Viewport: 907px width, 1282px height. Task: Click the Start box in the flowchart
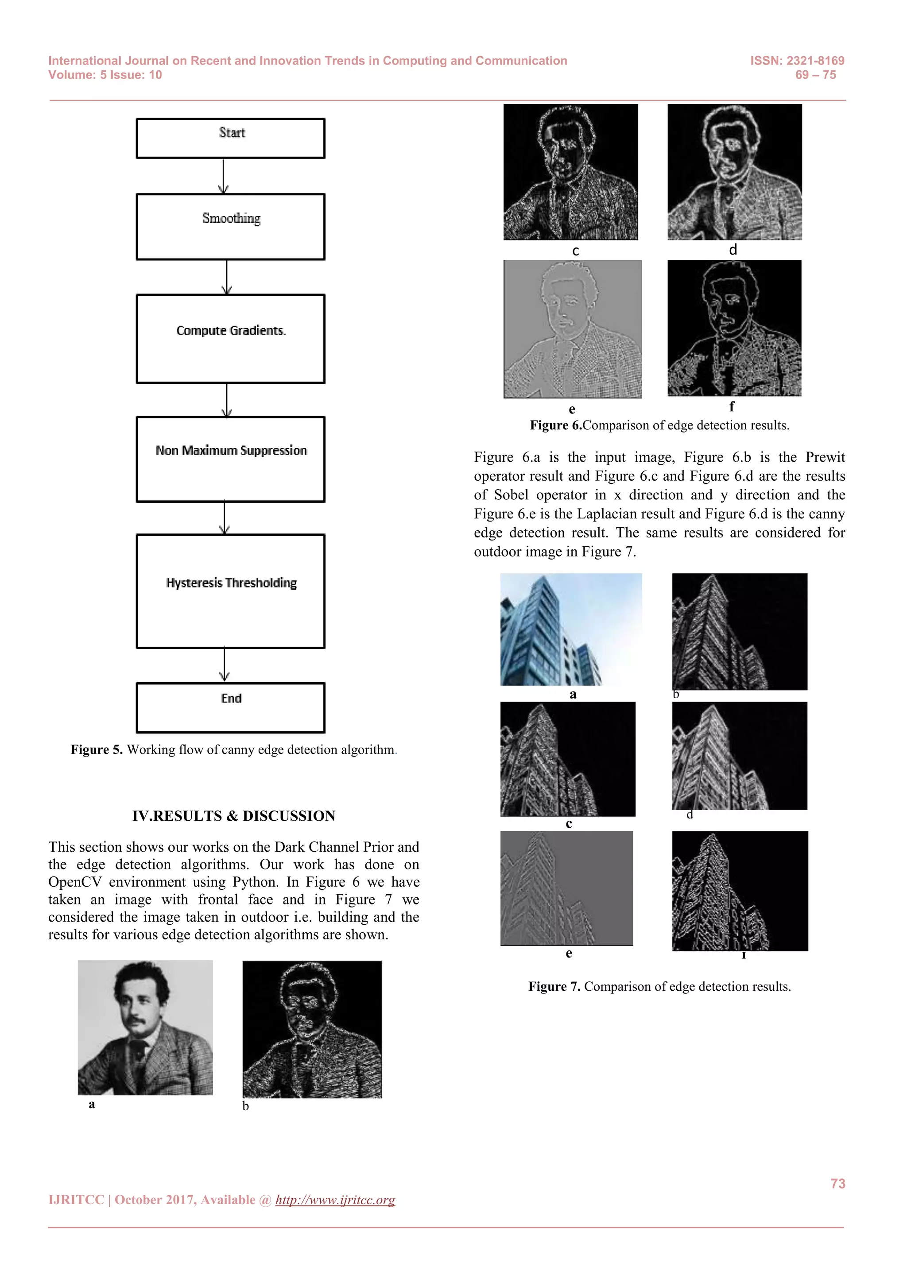coord(230,138)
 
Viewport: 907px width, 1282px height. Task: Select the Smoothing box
coord(230,226)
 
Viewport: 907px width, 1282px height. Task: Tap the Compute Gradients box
coord(230,338)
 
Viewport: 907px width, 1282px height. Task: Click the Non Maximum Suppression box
coord(230,459)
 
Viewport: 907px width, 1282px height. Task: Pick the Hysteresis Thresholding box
coord(230,591)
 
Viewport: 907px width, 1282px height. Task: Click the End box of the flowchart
coord(230,707)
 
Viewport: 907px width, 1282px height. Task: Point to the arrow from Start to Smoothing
coord(223,176)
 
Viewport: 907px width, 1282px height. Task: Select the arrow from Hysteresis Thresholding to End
coord(225,664)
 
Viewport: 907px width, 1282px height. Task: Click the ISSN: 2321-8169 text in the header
coord(797,61)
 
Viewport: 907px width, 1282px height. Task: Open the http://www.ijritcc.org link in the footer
coord(335,1200)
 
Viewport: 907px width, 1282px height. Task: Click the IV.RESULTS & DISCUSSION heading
coord(233,816)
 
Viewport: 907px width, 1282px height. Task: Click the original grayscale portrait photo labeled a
coord(145,1027)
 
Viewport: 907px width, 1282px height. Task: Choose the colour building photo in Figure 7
coord(571,629)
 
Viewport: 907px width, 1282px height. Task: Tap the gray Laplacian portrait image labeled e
coord(573,329)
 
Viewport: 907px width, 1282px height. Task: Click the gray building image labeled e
coord(566,888)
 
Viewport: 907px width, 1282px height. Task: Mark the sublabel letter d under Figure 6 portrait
coord(733,250)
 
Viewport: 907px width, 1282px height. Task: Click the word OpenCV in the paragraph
coord(74,882)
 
